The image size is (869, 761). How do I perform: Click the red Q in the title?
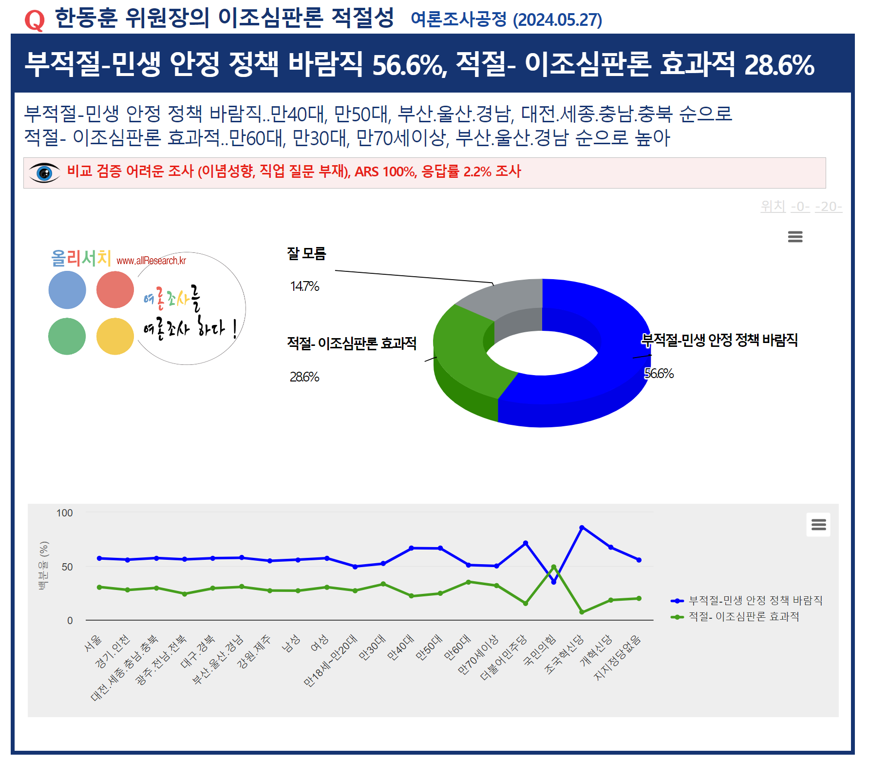click(35, 20)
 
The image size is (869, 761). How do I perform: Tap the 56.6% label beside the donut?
click(659, 374)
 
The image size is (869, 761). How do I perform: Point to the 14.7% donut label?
click(304, 286)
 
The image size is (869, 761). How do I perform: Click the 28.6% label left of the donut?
click(304, 377)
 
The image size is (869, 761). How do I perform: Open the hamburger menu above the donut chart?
click(795, 237)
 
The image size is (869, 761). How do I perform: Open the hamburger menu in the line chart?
click(818, 525)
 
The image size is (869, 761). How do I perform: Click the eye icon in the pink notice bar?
click(44, 173)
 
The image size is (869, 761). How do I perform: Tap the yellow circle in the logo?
click(115, 336)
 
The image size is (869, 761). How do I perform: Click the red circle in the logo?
click(115, 290)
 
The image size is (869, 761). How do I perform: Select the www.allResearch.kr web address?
click(151, 261)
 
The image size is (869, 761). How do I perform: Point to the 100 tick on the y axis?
click(64, 513)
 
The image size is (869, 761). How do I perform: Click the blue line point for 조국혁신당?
click(582, 528)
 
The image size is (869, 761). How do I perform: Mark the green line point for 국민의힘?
click(553, 567)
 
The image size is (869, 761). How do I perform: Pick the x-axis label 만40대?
click(400, 647)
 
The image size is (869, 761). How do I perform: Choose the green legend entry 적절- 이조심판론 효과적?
click(743, 617)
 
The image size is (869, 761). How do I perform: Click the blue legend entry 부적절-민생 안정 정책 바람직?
click(755, 601)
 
